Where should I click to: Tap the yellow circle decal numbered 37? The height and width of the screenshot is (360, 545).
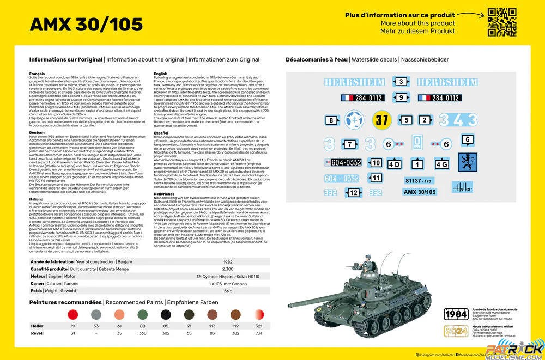tap(381, 120)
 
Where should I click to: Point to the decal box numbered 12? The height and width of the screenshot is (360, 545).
tap(354, 192)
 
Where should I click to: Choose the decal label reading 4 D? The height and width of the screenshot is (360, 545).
tap(394, 164)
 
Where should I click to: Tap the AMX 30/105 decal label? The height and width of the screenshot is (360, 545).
tap(420, 192)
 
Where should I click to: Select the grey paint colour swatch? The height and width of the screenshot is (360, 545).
tap(96, 314)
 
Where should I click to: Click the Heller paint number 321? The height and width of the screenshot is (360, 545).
tap(259, 325)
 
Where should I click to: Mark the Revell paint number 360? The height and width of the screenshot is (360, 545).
tap(142, 332)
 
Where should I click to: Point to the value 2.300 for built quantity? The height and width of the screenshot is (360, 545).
tap(228, 269)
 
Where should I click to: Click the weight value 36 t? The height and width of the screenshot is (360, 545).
tap(228, 291)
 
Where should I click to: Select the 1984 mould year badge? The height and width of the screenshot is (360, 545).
tap(456, 314)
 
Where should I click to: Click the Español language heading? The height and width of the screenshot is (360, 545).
tap(161, 132)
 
